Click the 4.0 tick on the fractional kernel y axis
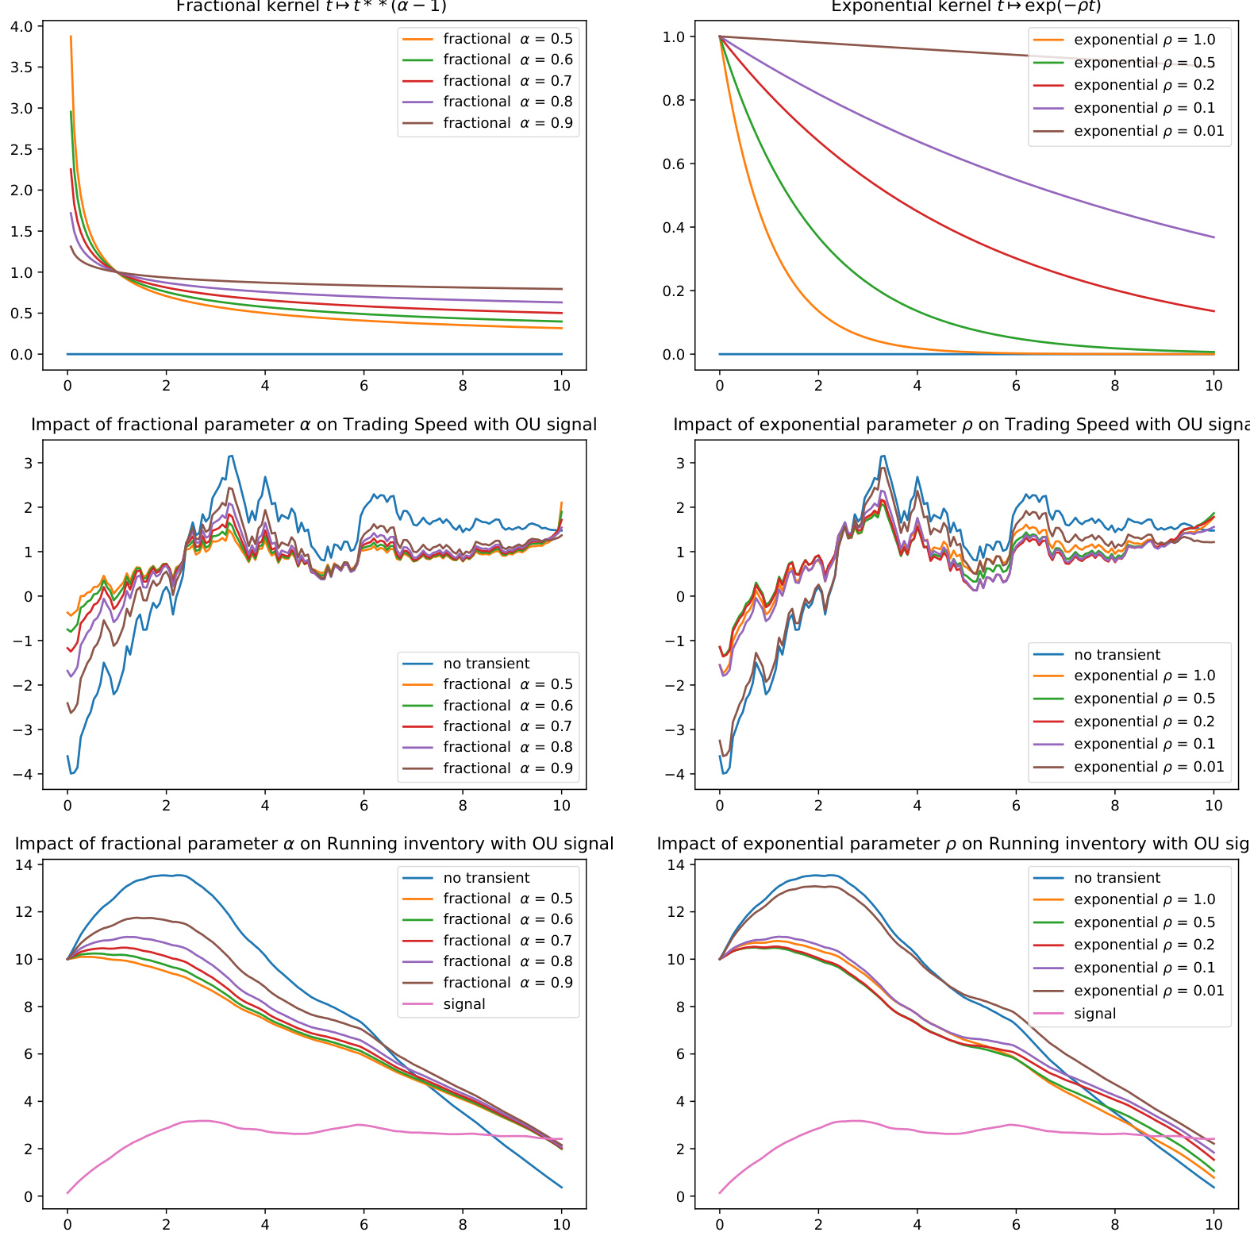point(21,26)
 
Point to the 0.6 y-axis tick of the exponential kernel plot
point(673,164)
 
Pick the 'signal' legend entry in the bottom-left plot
point(463,1004)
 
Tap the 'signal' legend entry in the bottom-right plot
point(1094,1014)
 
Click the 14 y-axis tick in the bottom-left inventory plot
point(24,864)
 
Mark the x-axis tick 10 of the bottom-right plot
point(1213,1225)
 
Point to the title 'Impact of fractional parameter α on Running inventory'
point(314,844)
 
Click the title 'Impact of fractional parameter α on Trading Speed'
point(313,425)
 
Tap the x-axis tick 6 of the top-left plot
point(363,386)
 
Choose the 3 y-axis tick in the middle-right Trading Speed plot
point(680,463)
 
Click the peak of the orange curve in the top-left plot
point(71,37)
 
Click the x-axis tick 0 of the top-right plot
point(720,386)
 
